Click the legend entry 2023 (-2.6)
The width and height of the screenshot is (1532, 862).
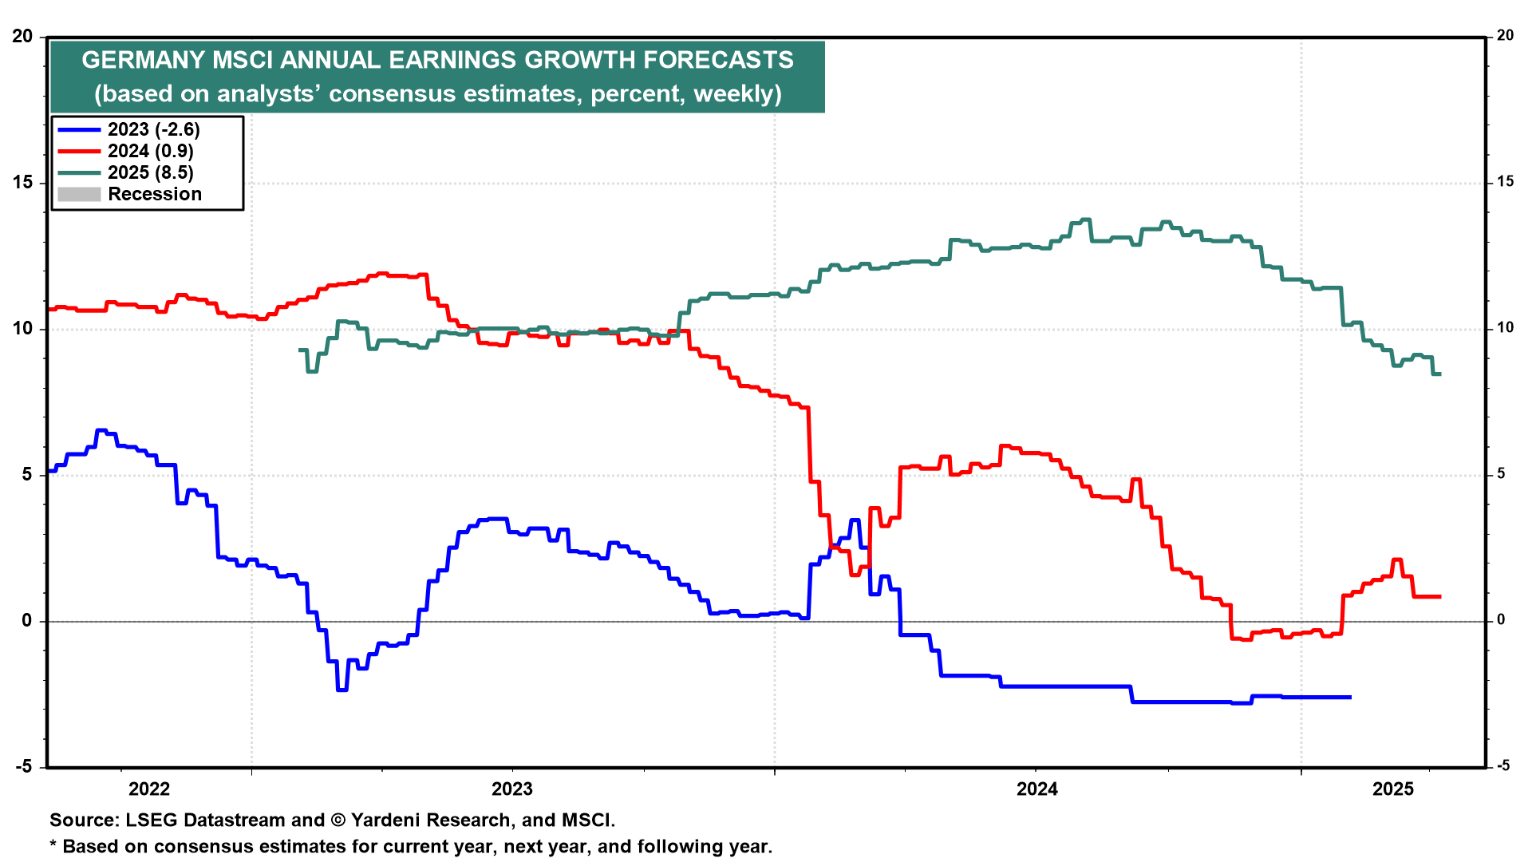[153, 129]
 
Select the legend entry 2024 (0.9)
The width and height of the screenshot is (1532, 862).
[150, 151]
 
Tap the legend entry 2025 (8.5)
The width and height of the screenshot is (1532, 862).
[150, 172]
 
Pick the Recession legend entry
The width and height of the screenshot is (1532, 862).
[154, 194]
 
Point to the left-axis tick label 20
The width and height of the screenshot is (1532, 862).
[22, 37]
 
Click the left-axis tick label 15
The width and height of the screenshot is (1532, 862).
[22, 183]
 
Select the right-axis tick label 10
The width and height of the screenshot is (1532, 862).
[1505, 328]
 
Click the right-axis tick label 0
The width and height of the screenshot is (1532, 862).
[1501, 620]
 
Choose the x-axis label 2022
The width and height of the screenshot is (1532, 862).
[149, 789]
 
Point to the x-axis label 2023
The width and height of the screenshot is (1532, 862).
[512, 789]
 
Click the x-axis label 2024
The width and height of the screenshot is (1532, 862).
[1036, 789]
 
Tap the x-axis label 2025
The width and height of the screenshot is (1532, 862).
[1393, 789]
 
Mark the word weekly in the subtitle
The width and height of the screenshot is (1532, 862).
[737, 94]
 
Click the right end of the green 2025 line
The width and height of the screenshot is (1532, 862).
[1439, 374]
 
